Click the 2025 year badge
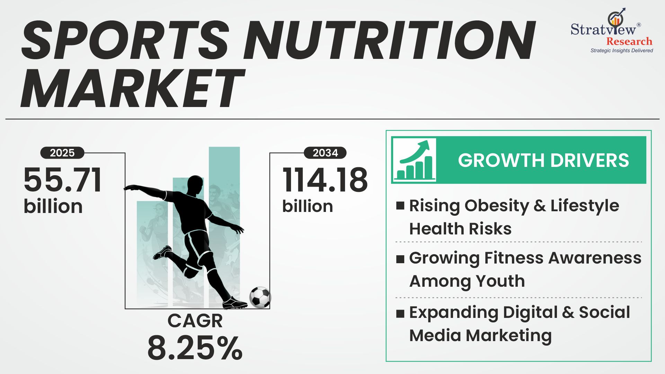click(62, 153)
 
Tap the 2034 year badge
click(325, 153)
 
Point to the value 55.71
click(63, 180)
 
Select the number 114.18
click(325, 180)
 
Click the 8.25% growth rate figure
click(195, 348)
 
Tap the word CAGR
click(195, 321)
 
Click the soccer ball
click(260, 297)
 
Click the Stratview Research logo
click(612, 31)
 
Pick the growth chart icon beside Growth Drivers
click(414, 160)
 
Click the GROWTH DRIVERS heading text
click(543, 160)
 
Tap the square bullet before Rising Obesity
click(400, 206)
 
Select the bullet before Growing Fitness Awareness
click(400, 259)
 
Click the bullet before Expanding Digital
click(400, 313)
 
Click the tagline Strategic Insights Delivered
click(622, 51)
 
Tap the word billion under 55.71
click(53, 206)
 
